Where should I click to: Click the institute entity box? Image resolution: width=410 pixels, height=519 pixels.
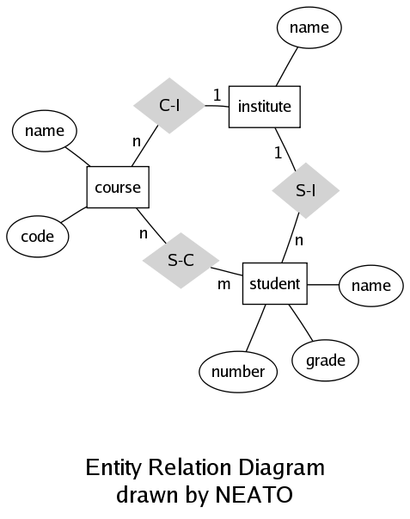pos(265,107)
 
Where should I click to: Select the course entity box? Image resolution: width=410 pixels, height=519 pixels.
pos(118,187)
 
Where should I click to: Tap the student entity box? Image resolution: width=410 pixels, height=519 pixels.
pos(275,284)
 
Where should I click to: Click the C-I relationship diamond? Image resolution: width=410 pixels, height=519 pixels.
pos(169,106)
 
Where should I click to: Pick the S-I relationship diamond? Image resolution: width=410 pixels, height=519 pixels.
pos(305,190)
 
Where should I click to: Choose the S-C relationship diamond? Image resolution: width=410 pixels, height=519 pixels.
pos(181,260)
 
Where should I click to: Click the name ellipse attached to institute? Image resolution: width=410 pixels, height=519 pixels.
pos(309,28)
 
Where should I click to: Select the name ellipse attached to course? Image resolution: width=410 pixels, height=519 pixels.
pos(45,131)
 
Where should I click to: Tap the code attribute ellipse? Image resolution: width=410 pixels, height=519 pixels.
pos(37,237)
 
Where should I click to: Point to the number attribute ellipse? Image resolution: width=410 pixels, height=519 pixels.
pos(238,372)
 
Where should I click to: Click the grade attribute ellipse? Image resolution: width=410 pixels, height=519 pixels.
pos(326,360)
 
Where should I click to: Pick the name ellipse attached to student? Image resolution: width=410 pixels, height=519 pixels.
pos(371,285)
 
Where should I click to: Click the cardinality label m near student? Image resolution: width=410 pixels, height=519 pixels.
pos(223,284)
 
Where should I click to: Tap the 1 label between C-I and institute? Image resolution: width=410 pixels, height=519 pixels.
pos(217,96)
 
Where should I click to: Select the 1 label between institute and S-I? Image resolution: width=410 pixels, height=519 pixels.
pos(278,152)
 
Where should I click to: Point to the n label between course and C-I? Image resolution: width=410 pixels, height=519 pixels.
pos(137,141)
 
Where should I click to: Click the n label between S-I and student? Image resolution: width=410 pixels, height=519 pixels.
pos(299,240)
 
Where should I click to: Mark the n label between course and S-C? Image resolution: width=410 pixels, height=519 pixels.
pos(144,233)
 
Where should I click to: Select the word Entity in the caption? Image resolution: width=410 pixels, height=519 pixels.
pos(113,467)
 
